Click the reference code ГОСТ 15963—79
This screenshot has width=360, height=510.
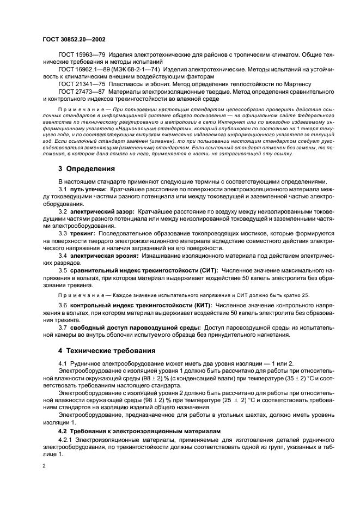[x=82, y=55]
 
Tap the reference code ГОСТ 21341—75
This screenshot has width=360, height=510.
[x=82, y=84]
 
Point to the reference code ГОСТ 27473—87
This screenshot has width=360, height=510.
[x=82, y=92]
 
